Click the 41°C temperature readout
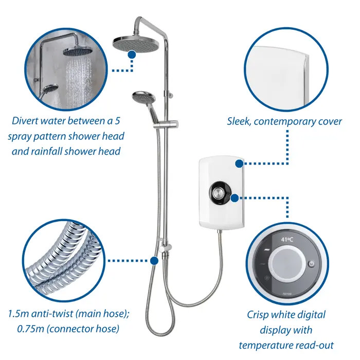point(287,240)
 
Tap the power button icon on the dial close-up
point(312,263)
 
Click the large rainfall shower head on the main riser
point(136,44)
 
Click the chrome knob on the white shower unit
point(218,193)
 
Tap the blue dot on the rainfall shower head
point(132,55)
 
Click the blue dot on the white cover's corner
point(239,164)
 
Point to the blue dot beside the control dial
point(235,198)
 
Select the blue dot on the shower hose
point(154,261)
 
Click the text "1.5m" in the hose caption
point(18,314)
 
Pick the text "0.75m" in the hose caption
point(30,329)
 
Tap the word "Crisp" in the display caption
point(258,315)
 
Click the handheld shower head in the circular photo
point(50,88)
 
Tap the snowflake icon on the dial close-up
point(267,278)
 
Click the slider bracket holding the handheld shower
point(166,124)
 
